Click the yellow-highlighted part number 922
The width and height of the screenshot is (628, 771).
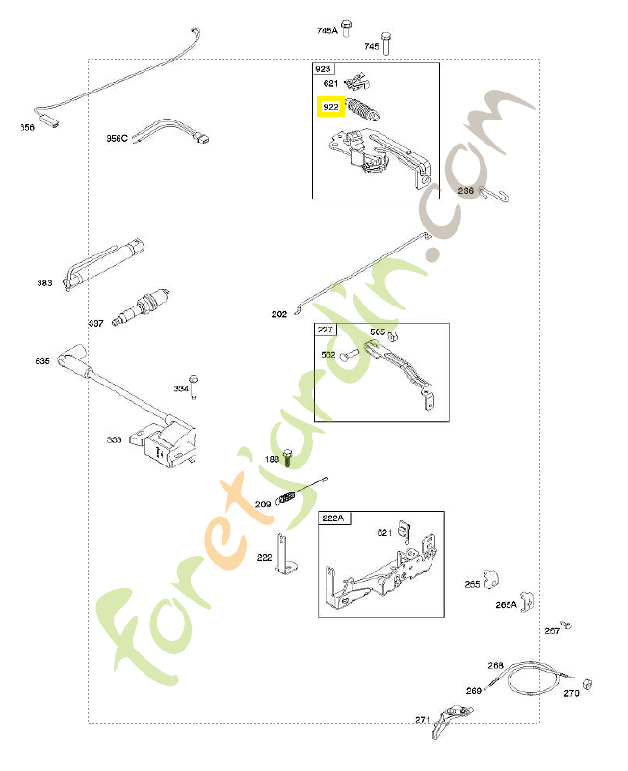[x=331, y=107]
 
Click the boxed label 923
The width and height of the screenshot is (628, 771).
[x=323, y=70]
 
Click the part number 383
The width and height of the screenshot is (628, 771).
[x=44, y=283]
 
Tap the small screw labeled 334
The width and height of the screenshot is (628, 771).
[x=193, y=384]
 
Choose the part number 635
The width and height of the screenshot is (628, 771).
[x=41, y=361]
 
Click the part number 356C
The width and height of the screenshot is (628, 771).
[x=118, y=139]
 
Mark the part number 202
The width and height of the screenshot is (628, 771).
[x=279, y=314]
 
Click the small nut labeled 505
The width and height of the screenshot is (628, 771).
[x=379, y=332]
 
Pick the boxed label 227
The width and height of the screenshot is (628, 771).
[x=325, y=331]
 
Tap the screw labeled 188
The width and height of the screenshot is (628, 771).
[x=286, y=461]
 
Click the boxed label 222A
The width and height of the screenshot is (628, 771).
[x=332, y=518]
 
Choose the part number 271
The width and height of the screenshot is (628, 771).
[x=422, y=719]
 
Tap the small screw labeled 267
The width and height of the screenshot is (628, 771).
[x=567, y=625]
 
